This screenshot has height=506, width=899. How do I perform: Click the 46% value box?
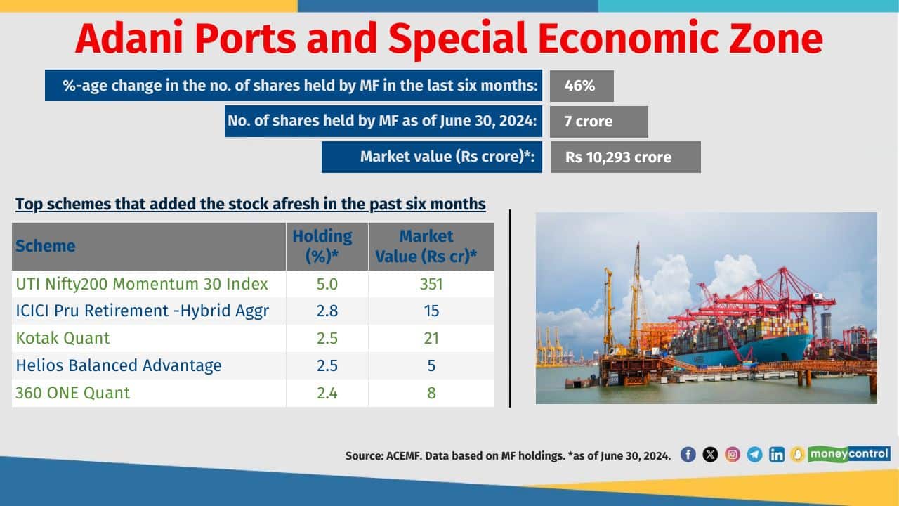581,86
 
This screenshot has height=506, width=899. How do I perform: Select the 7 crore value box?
598,122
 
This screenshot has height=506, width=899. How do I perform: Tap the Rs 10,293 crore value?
624,157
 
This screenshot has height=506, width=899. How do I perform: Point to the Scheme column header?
46,246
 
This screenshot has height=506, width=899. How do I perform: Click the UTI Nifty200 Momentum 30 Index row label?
142,284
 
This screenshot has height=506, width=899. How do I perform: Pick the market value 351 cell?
431,284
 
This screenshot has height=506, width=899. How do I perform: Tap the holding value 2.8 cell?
327,311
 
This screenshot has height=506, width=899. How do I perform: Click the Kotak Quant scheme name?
63,338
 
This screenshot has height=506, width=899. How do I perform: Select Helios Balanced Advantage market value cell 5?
431,365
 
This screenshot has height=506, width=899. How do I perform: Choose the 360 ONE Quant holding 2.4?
327,393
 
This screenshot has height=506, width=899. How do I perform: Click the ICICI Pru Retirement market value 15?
431,311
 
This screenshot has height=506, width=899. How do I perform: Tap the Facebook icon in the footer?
688,454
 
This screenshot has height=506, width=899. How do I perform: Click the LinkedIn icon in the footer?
777,454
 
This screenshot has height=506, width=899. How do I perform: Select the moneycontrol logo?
848,453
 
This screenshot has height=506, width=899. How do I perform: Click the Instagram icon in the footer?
733,454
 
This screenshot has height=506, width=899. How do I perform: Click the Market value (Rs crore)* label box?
433,157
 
